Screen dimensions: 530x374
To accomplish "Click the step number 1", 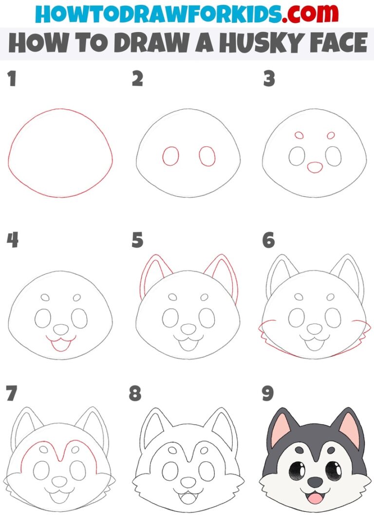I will (12, 79).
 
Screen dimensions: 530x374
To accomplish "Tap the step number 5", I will (137, 240).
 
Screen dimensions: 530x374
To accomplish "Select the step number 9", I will (268, 393).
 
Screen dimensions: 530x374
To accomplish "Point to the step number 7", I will (12, 393).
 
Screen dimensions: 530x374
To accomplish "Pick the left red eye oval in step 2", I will (170, 156).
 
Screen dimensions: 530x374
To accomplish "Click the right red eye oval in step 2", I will (207, 156).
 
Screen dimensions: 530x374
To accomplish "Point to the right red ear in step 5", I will (225, 275).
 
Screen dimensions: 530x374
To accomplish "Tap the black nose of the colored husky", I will (315, 482).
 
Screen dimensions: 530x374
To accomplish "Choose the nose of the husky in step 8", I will (187, 482).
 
